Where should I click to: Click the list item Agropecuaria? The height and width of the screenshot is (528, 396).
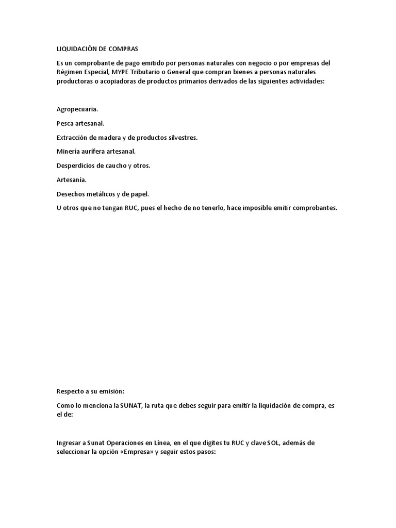[77, 109]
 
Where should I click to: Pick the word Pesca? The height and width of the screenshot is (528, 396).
[65, 123]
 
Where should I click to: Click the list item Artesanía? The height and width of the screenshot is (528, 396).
[72, 180]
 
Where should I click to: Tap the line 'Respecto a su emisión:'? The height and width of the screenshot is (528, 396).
[90, 392]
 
